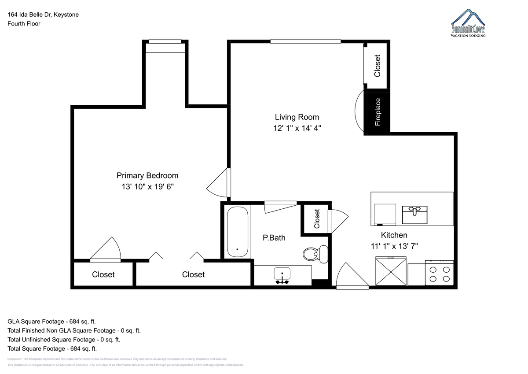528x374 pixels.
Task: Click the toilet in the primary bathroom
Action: click(315, 254)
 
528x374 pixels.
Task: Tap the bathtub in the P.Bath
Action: click(237, 232)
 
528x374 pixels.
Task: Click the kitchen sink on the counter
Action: click(414, 215)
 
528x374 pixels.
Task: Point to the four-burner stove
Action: click(440, 273)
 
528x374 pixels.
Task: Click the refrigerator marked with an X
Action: click(391, 271)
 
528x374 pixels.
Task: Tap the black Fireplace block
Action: click(377, 112)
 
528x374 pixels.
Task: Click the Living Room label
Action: click(297, 117)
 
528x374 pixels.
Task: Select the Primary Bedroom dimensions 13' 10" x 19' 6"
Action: click(147, 187)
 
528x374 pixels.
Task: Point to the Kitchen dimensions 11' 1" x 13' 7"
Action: click(394, 246)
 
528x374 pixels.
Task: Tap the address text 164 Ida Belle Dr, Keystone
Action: click(43, 15)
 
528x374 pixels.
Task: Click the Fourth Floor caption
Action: click(24, 24)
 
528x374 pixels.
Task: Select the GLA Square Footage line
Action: click(51, 322)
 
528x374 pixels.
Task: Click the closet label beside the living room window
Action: click(377, 66)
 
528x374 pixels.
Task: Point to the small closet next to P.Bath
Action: click(316, 219)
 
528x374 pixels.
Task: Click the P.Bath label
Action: click(274, 237)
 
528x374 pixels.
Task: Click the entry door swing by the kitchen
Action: click(352, 276)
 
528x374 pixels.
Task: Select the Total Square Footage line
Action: click(52, 348)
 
